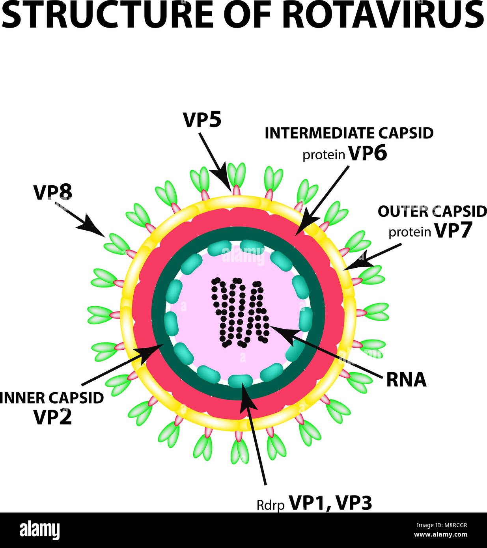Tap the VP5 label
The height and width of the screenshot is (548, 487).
(202, 120)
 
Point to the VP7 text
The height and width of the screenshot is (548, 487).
(453, 231)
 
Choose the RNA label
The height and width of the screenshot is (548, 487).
(406, 380)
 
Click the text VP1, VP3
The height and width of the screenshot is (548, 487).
(331, 503)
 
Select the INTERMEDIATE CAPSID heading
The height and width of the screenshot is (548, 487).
(349, 133)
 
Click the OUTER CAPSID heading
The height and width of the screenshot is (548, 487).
(432, 212)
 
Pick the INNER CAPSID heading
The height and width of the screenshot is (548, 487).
(52, 398)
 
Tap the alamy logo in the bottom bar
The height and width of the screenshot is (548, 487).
(39, 530)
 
